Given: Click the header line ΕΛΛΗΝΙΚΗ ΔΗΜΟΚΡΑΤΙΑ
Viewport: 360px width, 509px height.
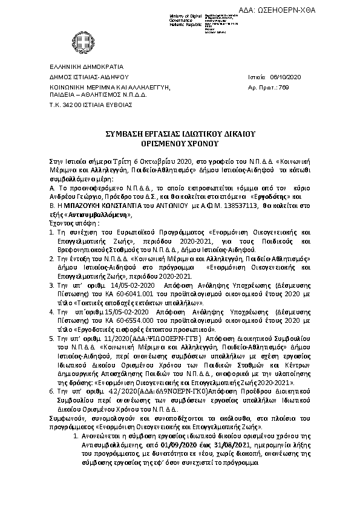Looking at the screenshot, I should [87, 66].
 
